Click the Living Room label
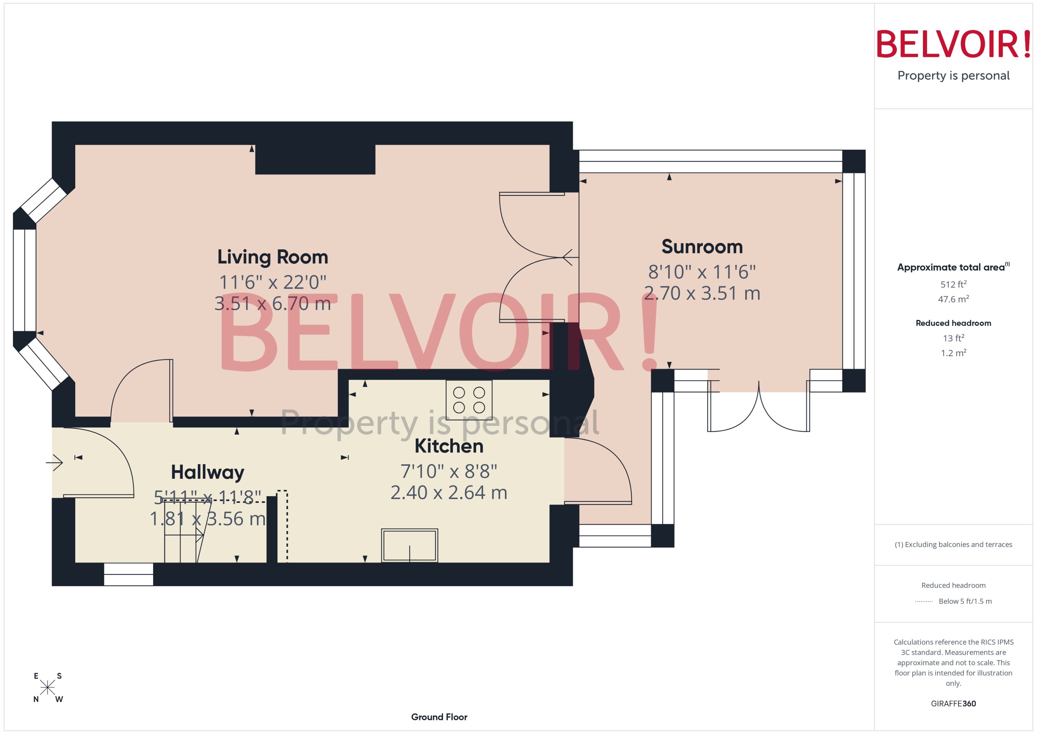(273, 257)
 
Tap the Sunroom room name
(702, 247)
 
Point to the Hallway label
(207, 472)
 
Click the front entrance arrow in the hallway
(55, 462)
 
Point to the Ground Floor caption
(439, 717)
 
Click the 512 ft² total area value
(953, 284)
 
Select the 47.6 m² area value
(953, 299)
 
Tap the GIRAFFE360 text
(953, 704)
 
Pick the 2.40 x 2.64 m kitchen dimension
(449, 493)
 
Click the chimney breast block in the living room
(315, 159)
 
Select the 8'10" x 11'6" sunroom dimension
(702, 272)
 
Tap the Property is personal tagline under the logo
(953, 76)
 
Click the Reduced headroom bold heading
(953, 323)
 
